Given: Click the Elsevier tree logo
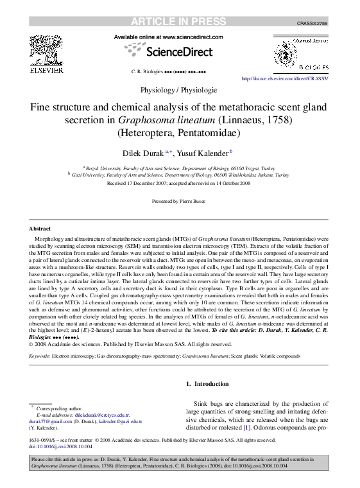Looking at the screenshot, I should pyautogui.click(x=46, y=49).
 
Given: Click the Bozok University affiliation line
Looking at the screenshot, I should pyautogui.click(x=180, y=166).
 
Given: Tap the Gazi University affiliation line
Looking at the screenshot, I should pyautogui.click(x=180, y=173).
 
